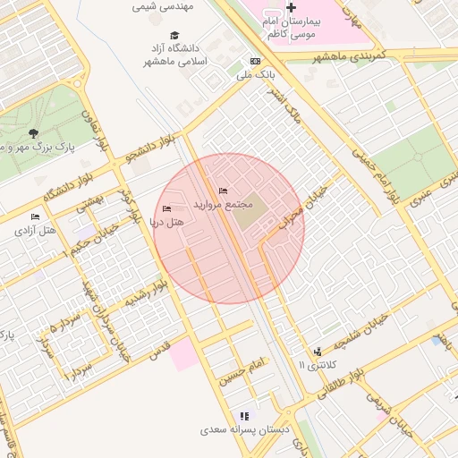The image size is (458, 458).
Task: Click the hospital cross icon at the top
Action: [x=291, y=7]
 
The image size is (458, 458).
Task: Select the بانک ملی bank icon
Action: [x=256, y=61]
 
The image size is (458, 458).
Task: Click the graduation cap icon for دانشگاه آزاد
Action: [x=174, y=36]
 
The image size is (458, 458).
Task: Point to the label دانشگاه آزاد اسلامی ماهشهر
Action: [x=175, y=55]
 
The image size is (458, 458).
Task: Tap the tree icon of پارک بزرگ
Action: [x=33, y=133]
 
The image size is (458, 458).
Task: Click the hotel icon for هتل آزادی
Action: [x=36, y=216]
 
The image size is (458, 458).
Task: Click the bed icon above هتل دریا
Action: [x=166, y=208]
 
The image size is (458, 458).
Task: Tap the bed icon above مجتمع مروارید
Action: [x=223, y=191]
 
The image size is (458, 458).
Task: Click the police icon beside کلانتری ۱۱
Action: [x=318, y=352]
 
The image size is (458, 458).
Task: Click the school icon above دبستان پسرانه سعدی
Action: [x=244, y=416]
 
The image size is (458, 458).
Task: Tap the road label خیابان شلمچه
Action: [x=361, y=332]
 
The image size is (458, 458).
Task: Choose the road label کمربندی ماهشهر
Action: [x=348, y=55]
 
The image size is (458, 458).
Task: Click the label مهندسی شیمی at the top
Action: [x=163, y=5]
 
